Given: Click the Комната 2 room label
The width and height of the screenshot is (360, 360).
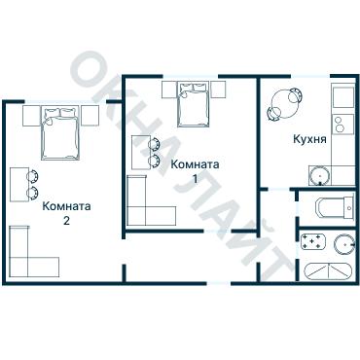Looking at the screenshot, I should click(67, 212).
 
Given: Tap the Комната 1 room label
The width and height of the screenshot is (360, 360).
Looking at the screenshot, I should click(195, 171).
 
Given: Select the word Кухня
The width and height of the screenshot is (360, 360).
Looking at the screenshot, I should click(309, 139).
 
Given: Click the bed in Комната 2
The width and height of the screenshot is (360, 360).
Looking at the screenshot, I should click(61, 134).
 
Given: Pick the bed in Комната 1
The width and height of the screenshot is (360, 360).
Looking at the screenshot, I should click(194, 104).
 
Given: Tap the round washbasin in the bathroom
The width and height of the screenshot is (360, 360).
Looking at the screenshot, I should click(342, 242).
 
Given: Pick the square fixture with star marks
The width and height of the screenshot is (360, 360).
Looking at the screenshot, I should click(313, 242).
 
